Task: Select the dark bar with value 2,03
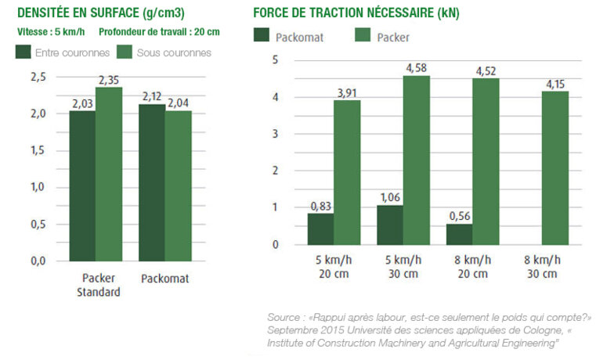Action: pyautogui.click(x=82, y=185)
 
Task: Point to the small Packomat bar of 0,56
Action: pyautogui.click(x=459, y=234)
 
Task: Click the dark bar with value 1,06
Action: pyautogui.click(x=389, y=225)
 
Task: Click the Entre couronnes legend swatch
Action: pyautogui.click(x=23, y=52)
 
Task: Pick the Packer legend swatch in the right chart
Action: pyautogui.click(x=363, y=36)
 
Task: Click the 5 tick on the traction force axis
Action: pyautogui.click(x=275, y=60)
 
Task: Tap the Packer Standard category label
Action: pyautogui.click(x=100, y=285)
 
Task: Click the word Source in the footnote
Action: pyautogui.click(x=283, y=317)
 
